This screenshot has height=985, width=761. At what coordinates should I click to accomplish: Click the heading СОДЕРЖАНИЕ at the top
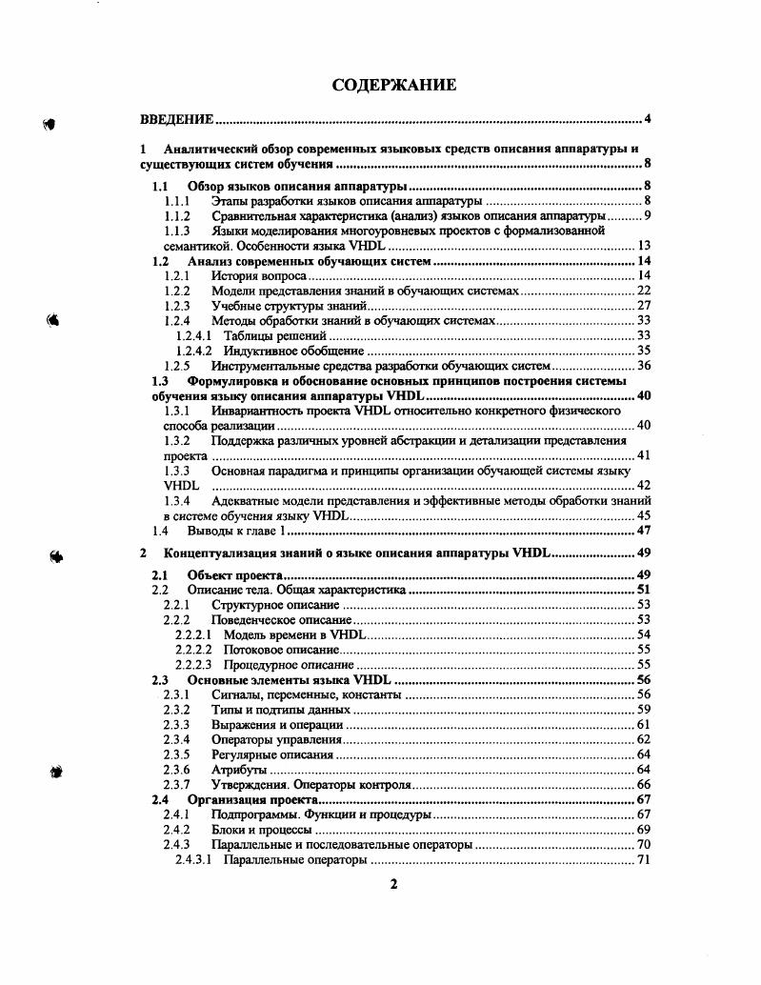(393, 86)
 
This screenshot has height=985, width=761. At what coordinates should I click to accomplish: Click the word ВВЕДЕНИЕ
(176, 119)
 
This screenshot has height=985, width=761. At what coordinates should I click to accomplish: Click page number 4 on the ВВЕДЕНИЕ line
(647, 119)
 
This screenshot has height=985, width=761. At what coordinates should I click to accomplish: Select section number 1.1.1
(177, 201)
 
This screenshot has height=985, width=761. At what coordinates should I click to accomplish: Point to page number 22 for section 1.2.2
(643, 291)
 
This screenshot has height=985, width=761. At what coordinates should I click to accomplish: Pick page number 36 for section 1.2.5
(643, 365)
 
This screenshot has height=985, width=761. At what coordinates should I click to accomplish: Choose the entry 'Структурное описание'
(275, 605)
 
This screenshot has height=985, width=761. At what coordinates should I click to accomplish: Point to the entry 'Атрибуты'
(239, 769)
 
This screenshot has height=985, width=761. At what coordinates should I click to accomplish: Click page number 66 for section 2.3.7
(643, 784)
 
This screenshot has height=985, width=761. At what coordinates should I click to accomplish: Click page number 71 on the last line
(643, 859)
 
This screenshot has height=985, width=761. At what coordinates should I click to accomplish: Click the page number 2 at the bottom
(393, 884)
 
